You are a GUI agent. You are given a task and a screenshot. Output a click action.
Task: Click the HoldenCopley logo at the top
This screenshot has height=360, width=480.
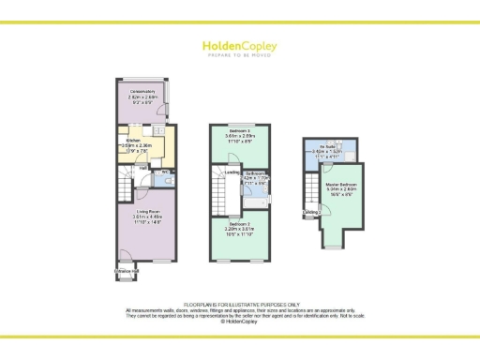(x=239, y=44)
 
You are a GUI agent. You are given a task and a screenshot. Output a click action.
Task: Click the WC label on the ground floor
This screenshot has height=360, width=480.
(x=164, y=172)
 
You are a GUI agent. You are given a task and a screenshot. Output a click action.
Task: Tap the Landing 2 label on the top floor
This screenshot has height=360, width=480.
(x=311, y=214)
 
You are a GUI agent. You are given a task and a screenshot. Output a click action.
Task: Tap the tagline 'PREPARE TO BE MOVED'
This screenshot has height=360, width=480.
(x=239, y=55)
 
